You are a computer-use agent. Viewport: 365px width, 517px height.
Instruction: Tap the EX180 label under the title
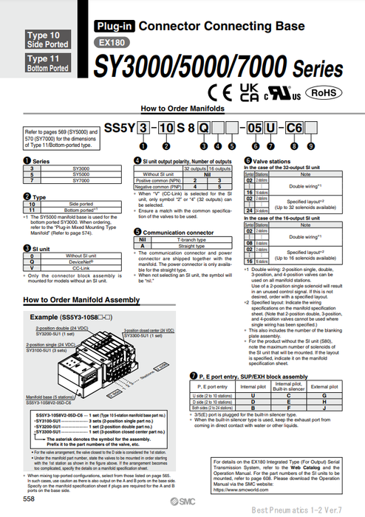click(x=110, y=44)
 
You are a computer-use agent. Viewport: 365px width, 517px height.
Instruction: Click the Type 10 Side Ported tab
click(x=47, y=40)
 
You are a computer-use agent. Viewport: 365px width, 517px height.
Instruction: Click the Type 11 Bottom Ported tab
click(x=47, y=63)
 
